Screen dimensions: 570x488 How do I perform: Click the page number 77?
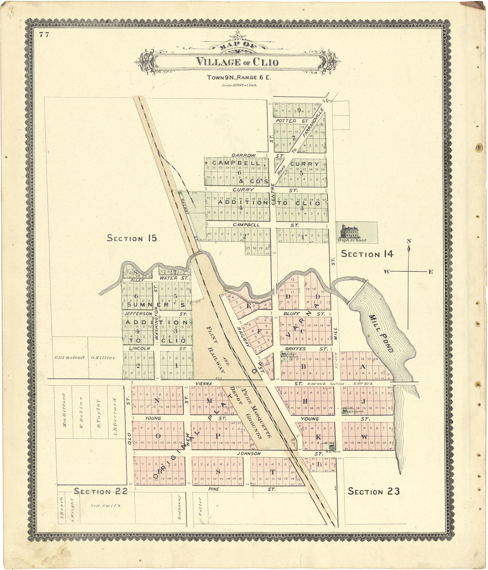(x=44, y=34)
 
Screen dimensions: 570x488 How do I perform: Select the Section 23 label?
(x=373, y=491)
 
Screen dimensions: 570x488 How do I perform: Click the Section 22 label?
(x=101, y=491)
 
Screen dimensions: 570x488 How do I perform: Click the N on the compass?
(x=409, y=241)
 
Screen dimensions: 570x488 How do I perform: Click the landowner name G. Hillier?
(x=103, y=358)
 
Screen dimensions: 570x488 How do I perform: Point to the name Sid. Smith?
(x=106, y=505)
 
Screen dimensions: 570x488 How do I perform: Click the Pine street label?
(x=214, y=489)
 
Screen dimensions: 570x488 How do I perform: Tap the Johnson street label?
(x=249, y=453)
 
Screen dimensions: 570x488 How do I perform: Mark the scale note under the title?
(x=239, y=85)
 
